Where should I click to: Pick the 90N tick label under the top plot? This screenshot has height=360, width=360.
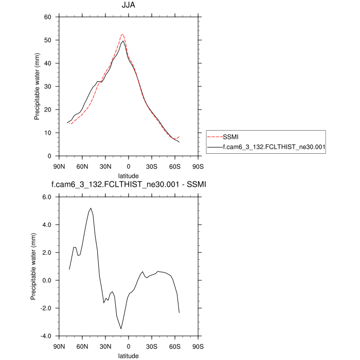[59, 166]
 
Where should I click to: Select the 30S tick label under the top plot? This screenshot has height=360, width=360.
[152, 166]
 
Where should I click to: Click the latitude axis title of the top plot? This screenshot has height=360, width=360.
[129, 175]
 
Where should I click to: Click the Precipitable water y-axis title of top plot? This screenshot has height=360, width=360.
[37, 86]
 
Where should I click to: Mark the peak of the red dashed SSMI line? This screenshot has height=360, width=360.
[122, 34]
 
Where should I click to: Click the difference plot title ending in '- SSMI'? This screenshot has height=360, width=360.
[129, 185]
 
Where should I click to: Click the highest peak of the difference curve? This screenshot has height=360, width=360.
[91, 208]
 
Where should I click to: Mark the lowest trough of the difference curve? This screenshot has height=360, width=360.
[121, 329]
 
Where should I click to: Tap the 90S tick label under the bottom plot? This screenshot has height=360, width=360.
[198, 346]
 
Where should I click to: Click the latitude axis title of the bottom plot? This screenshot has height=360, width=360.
[129, 355]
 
